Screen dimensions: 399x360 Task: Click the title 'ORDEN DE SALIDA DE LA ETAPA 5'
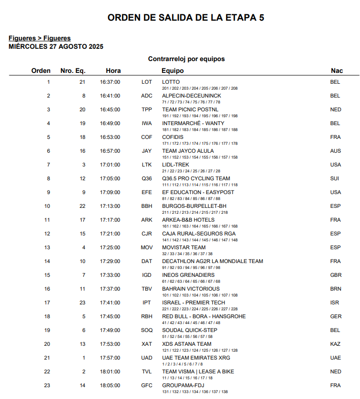point(186,18)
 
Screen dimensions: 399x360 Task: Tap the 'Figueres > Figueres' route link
point(39,38)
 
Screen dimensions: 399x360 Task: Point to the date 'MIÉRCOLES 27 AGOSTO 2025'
point(56,46)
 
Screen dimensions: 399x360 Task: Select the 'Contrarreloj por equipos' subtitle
point(186,59)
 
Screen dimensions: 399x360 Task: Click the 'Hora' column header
point(113,70)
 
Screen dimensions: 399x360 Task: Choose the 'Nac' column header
point(336,70)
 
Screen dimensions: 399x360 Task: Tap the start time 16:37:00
point(110,82)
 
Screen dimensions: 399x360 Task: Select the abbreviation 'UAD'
point(147,358)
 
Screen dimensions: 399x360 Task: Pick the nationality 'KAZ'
point(335,344)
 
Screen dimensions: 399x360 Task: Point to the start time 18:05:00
point(110,385)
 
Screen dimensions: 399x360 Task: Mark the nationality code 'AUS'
point(335,151)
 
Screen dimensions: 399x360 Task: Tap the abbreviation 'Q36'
point(147,178)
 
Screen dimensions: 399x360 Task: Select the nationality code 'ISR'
point(335,302)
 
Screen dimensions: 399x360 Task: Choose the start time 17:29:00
point(110,261)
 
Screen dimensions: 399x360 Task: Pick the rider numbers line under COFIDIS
point(200,143)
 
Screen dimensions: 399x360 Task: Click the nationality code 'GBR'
point(335,275)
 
